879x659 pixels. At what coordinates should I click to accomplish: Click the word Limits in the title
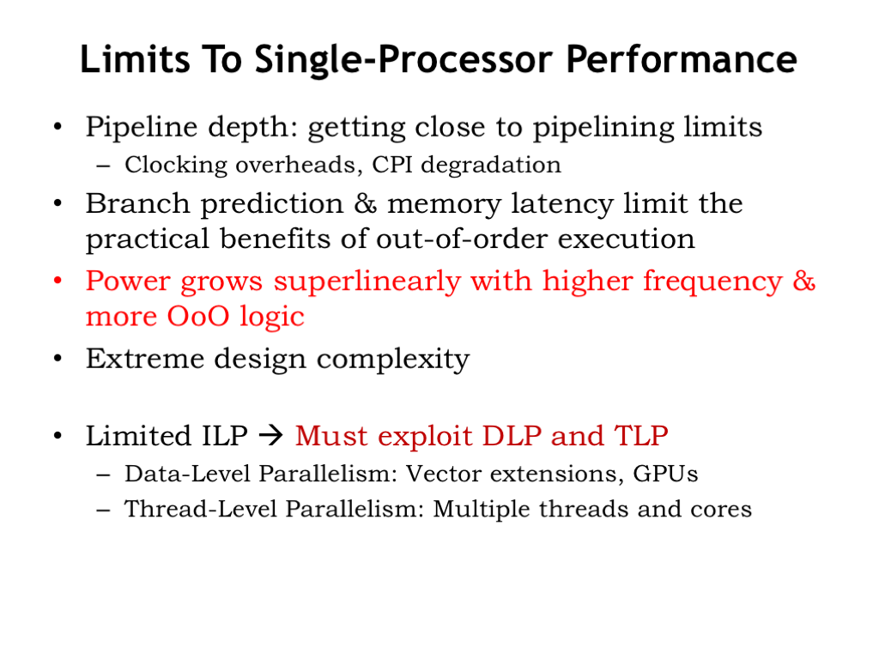[135, 59]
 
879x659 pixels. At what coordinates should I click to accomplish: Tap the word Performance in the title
[681, 59]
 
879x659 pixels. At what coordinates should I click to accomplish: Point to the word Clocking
[176, 166]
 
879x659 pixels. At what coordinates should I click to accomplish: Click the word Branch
[137, 203]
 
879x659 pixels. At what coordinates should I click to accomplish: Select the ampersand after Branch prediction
[365, 204]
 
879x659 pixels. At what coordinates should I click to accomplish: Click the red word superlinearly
[367, 281]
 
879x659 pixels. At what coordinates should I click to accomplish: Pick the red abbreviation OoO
[198, 317]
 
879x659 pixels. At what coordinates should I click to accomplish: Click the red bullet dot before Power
[58, 280]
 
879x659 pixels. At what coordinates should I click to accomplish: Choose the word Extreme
[144, 359]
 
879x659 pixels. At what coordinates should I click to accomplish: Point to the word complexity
[393, 360]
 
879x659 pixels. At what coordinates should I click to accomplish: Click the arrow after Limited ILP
[272, 435]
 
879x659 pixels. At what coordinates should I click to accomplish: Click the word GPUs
[665, 474]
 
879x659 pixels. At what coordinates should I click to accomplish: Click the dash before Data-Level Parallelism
[103, 475]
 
